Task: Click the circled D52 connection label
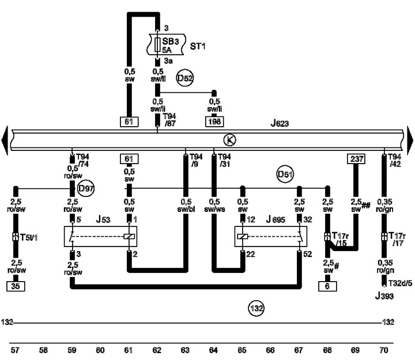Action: click(x=185, y=78)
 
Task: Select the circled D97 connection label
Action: click(x=86, y=188)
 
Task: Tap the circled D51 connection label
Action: click(x=285, y=175)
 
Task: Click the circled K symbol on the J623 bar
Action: click(x=229, y=140)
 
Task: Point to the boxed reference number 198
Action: click(x=214, y=122)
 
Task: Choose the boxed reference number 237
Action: click(x=356, y=159)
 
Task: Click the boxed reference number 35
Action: click(x=16, y=286)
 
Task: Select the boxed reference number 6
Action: click(x=327, y=286)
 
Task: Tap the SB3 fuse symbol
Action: click(x=157, y=45)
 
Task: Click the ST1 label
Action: click(x=198, y=47)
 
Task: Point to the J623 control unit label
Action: click(x=280, y=123)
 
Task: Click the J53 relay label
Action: click(x=103, y=219)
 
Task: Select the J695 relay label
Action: click(x=276, y=219)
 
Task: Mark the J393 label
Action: click(x=384, y=296)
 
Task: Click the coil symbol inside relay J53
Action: click(x=129, y=237)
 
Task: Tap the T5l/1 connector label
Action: click(x=29, y=237)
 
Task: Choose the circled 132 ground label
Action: click(x=256, y=308)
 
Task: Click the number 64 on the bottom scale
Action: click(x=213, y=350)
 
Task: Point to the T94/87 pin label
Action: click(x=169, y=120)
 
